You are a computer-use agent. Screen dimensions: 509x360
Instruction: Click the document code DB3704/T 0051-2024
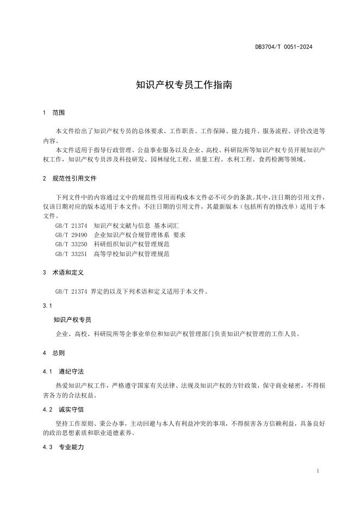[x=283, y=47]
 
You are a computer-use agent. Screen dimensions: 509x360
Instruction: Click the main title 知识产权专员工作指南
[x=179, y=85]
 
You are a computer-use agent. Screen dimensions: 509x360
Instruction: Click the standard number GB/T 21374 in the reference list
[x=71, y=225]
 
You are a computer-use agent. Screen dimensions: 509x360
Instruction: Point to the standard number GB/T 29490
[x=71, y=235]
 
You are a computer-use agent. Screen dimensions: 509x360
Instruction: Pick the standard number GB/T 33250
[x=71, y=245]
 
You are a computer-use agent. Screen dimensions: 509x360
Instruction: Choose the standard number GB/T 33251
[x=71, y=254]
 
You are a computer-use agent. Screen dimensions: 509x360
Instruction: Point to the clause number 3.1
[x=47, y=306]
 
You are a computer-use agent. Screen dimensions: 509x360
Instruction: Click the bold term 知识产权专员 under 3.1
[x=72, y=320]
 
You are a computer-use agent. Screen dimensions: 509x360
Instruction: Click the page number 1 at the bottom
[x=317, y=471]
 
